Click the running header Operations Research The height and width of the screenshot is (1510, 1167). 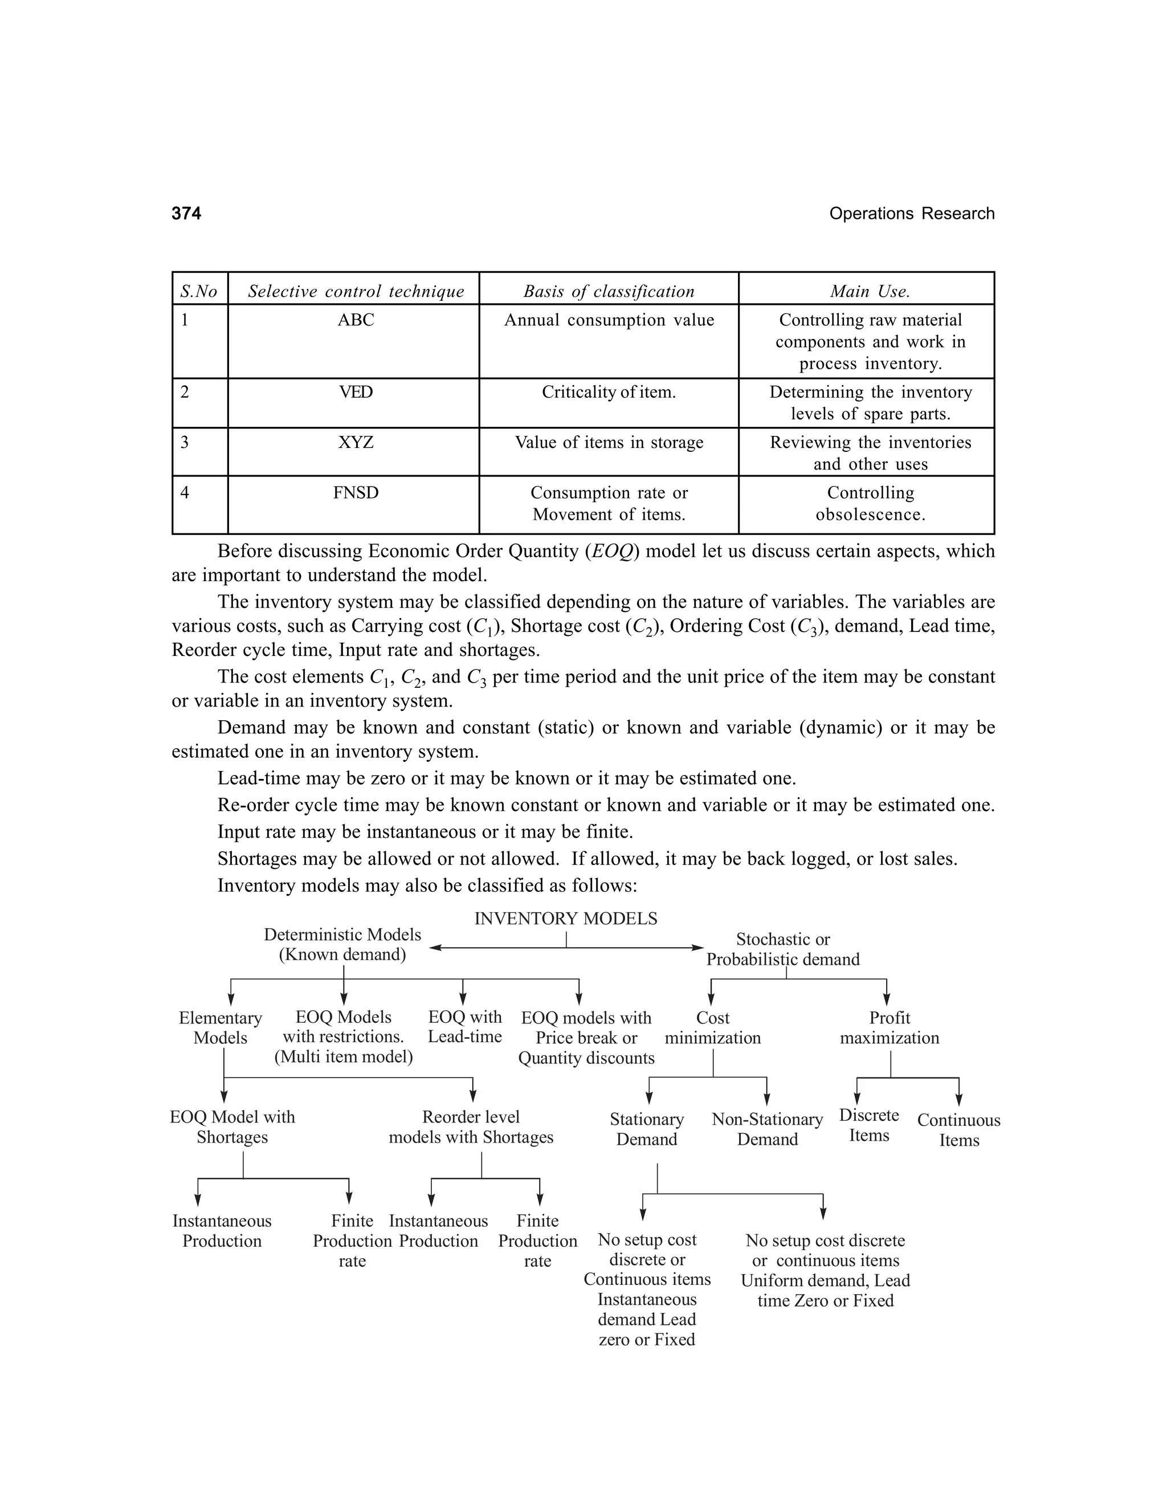pos(911,214)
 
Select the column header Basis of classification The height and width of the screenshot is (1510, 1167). pos(609,291)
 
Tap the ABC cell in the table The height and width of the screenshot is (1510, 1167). pos(356,320)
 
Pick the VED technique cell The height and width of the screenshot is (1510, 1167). pos(356,393)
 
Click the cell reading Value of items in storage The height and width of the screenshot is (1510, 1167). pos(609,443)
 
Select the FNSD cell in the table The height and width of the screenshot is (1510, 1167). pos(356,493)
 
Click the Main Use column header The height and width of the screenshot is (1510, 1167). pos(870,291)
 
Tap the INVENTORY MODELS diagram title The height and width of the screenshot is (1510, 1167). pos(565,919)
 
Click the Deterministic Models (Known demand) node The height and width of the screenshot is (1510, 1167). pos(342,944)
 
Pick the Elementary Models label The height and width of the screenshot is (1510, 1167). pos(221,1027)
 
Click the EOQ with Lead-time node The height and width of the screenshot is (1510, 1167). pos(464,1027)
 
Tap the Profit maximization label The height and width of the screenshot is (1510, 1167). pos(889,1027)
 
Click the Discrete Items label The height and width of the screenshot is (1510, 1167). pos(869,1125)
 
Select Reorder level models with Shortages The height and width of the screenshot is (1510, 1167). pos(471,1127)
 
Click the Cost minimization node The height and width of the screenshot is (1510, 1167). pos(713,1027)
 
